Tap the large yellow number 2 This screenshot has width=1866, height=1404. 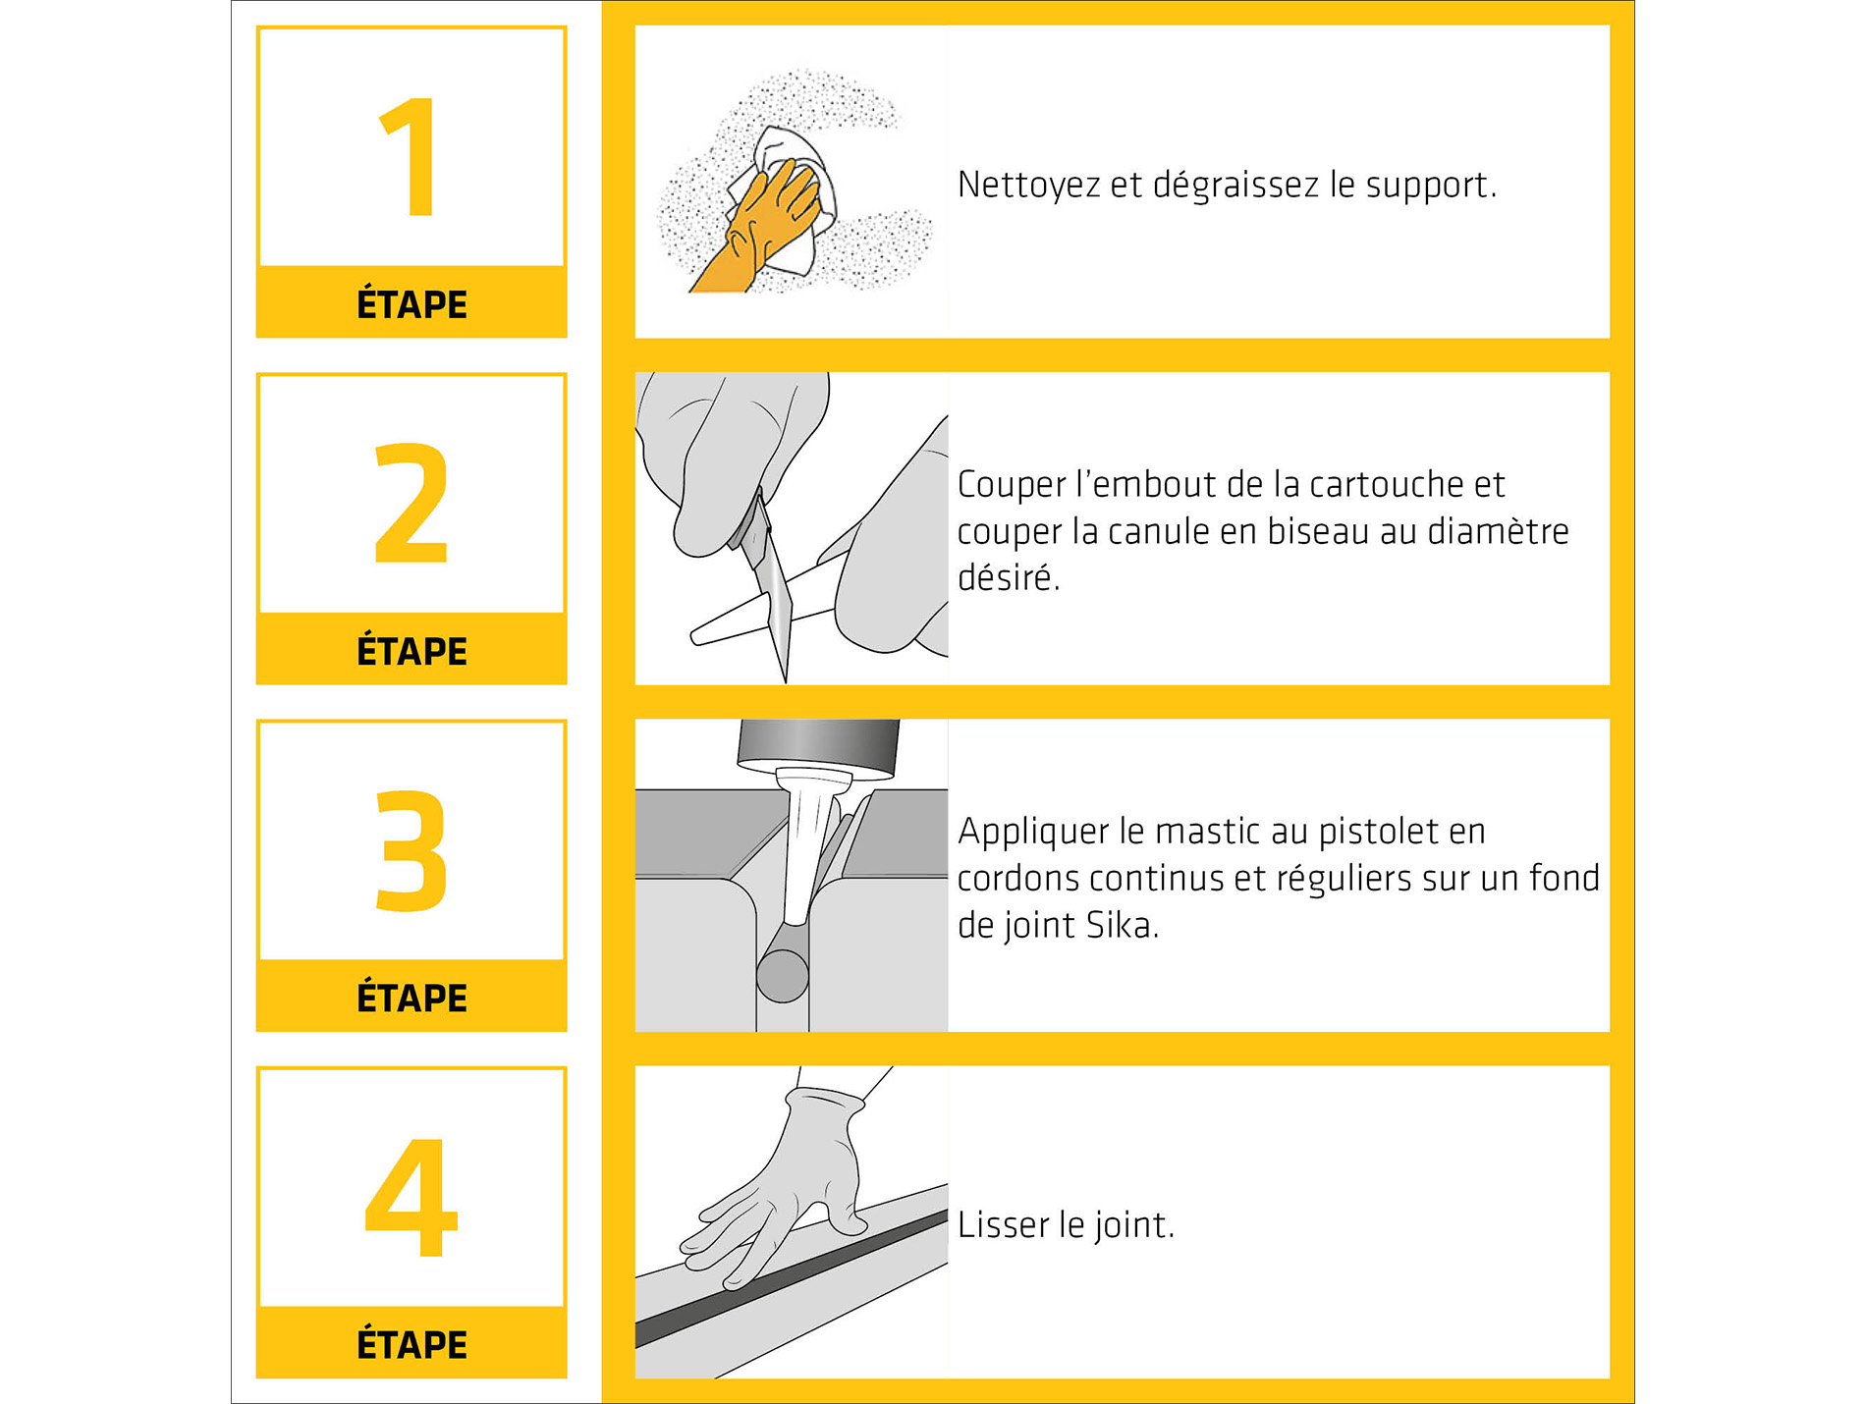(412, 503)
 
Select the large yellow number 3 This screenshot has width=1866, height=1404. (412, 850)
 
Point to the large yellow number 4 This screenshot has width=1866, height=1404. (412, 1197)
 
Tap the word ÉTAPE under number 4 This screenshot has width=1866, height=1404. (412, 1343)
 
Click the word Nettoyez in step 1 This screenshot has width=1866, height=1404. (1028, 186)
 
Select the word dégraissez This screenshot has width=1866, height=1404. (1235, 186)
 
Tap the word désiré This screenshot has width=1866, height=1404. (1009, 577)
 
